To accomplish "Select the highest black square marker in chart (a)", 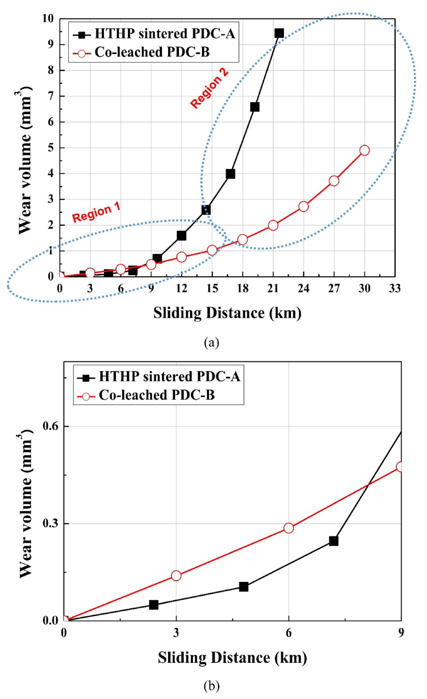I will click(279, 33).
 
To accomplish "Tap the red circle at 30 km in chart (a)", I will click(364, 150).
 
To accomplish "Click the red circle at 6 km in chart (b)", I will click(289, 528).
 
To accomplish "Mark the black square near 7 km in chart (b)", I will click(333, 540).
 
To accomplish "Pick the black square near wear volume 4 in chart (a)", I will click(231, 174).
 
